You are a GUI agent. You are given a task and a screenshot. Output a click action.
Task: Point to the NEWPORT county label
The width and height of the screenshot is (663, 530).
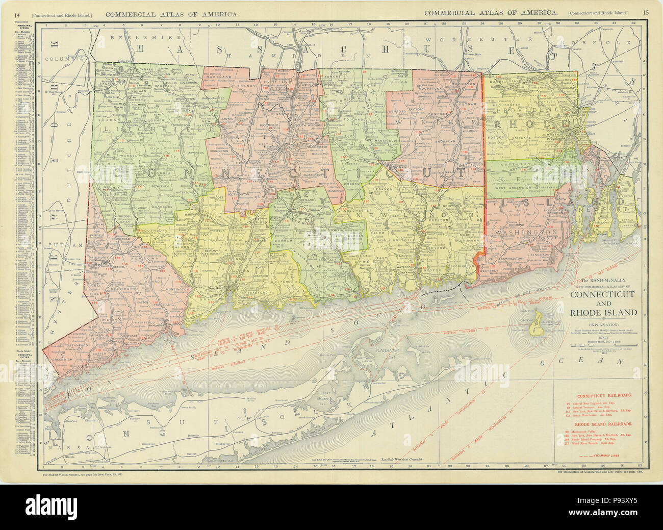(x=615, y=209)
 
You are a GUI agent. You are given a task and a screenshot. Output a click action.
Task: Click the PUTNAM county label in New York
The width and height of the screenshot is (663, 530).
(x=58, y=245)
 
